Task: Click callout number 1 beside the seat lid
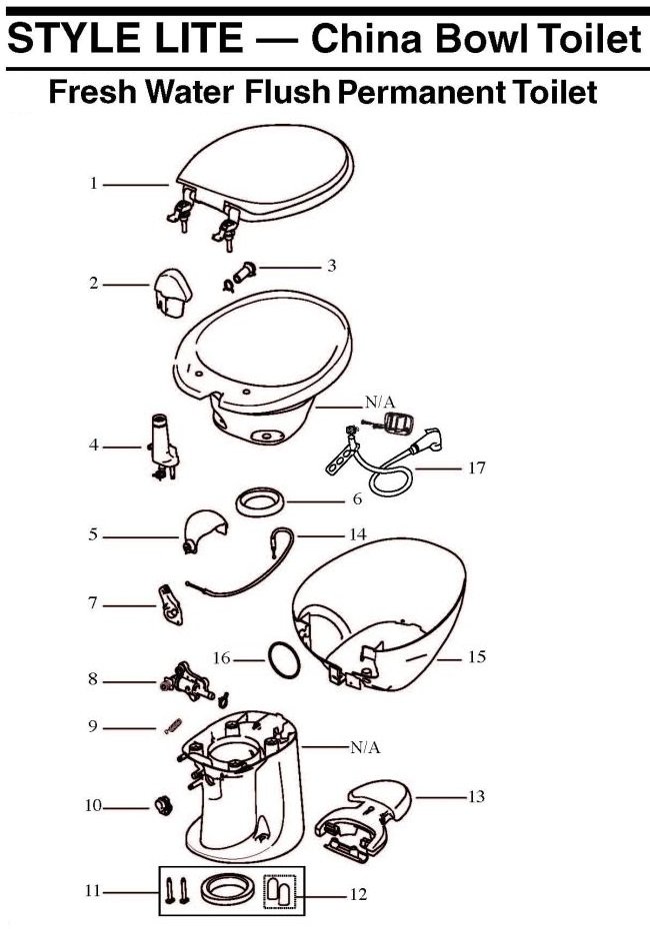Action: [x=93, y=184]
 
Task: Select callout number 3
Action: [x=332, y=266]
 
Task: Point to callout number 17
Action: [x=477, y=468]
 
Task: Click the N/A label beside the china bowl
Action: [x=380, y=403]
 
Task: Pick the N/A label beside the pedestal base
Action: [x=365, y=748]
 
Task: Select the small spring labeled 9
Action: [x=173, y=725]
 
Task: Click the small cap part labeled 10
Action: [x=162, y=805]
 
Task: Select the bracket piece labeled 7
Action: [x=170, y=603]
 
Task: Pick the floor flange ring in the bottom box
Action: [x=227, y=890]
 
